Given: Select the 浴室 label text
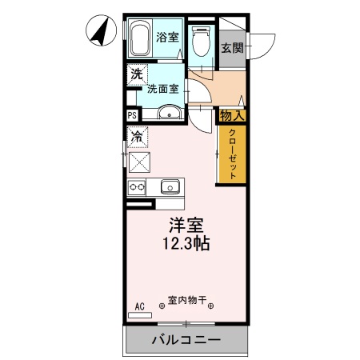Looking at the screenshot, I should click(167, 37).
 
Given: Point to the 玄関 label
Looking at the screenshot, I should click(232, 46).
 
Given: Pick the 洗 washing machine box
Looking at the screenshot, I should click(135, 74).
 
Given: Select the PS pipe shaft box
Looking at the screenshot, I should click(132, 115).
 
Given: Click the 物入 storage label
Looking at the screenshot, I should click(232, 116).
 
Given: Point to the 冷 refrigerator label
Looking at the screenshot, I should click(138, 137).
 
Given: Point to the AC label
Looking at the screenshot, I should click(139, 306).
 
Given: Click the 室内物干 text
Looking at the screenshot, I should click(186, 302).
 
